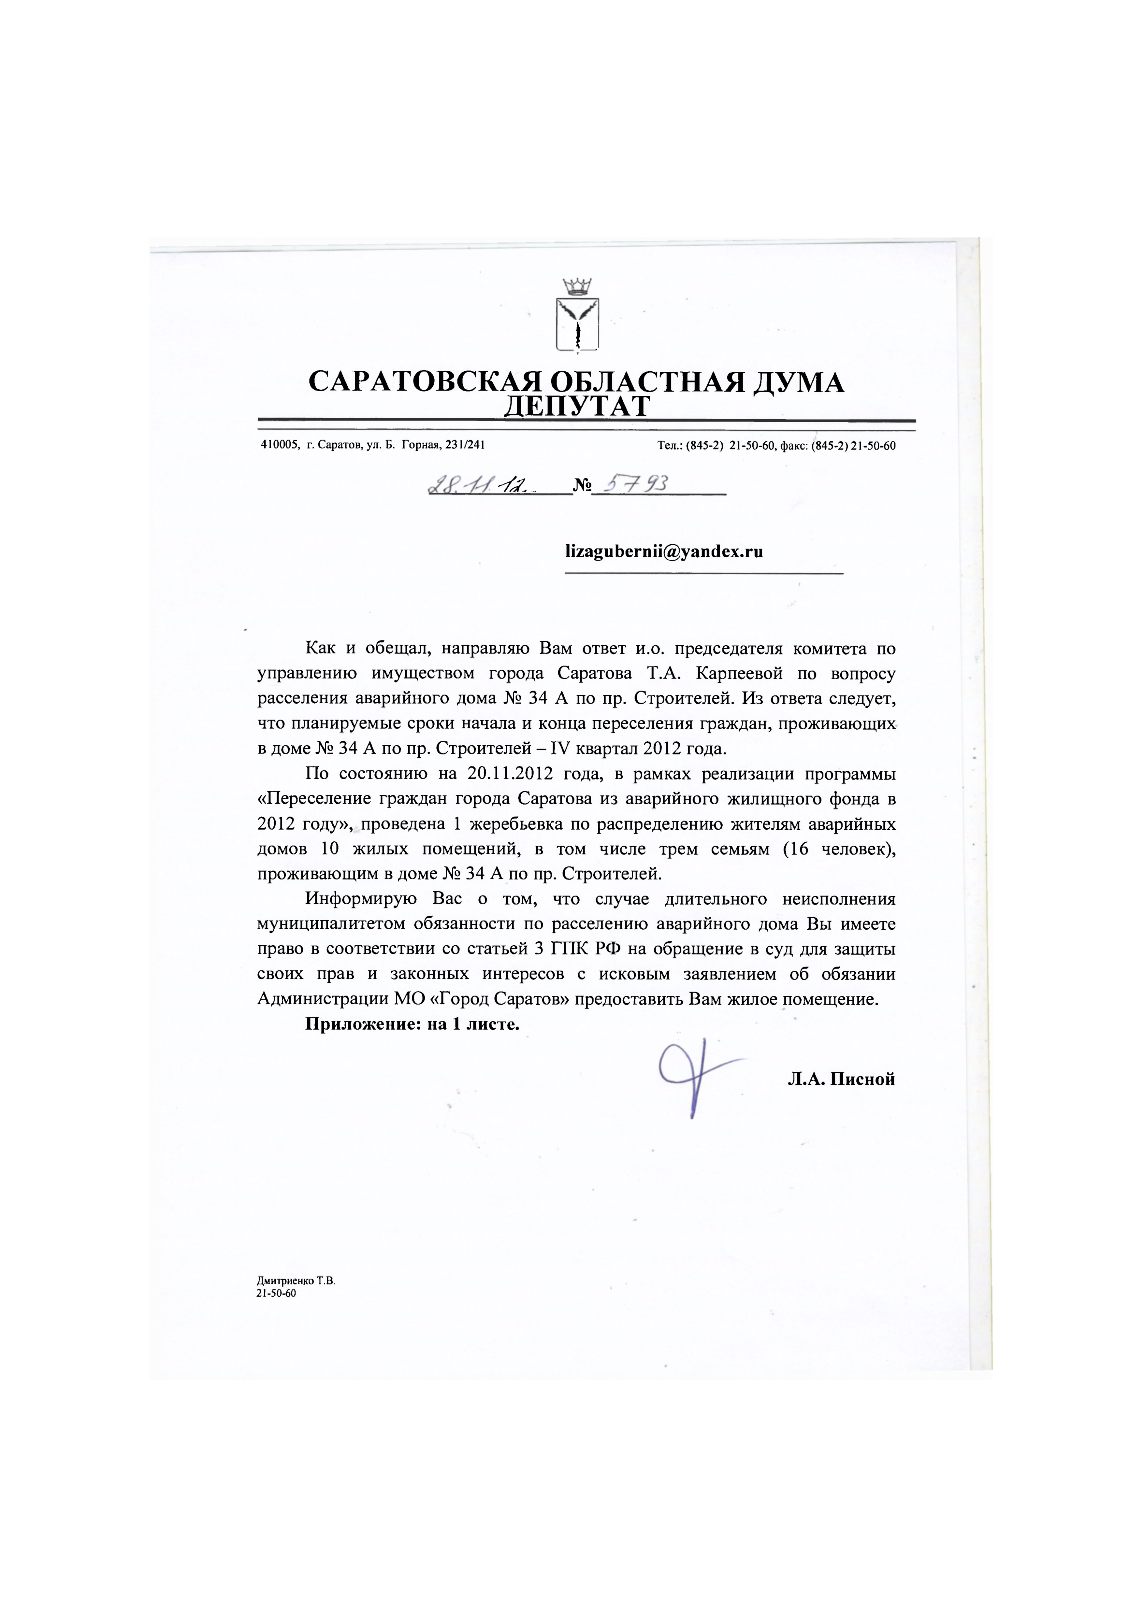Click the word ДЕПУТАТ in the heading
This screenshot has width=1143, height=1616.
tap(577, 407)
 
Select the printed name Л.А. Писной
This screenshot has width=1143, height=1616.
tap(841, 1079)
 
